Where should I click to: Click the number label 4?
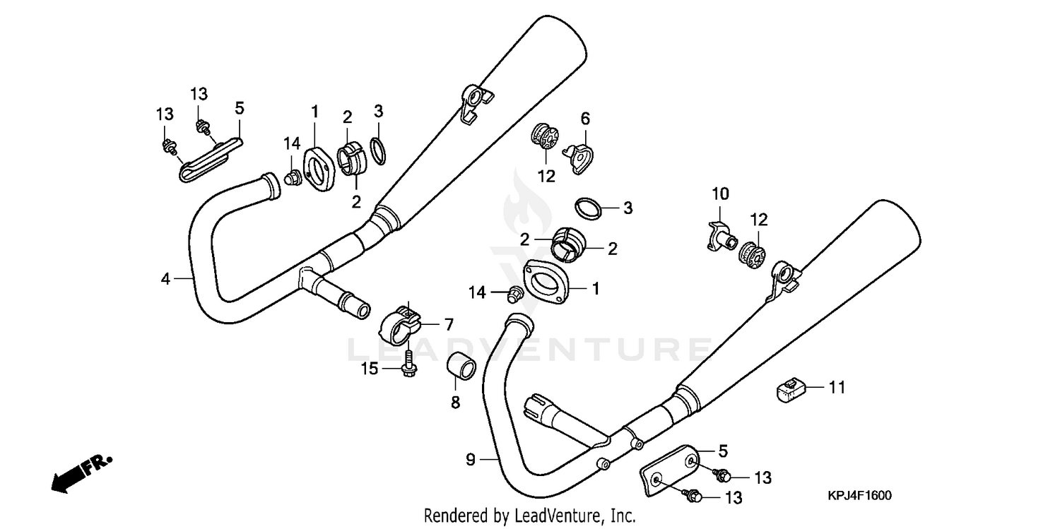point(165,279)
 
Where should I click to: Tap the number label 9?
point(471,460)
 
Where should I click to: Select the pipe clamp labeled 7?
point(399,322)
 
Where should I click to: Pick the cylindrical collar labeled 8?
point(459,368)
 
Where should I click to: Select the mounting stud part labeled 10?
point(720,237)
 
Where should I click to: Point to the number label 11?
point(837,387)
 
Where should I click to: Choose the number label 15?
point(370,368)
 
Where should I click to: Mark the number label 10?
point(719,194)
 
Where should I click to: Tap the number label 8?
point(455,402)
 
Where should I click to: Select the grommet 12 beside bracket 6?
point(543,137)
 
